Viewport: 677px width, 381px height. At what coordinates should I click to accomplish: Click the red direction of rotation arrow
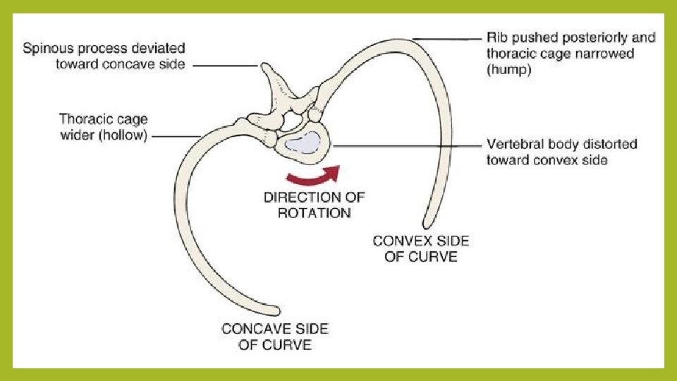point(311,175)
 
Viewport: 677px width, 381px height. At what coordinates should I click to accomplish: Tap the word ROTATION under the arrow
point(314,212)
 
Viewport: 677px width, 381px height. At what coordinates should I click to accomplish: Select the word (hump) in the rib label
point(508,70)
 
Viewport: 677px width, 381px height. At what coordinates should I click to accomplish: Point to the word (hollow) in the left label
point(124,135)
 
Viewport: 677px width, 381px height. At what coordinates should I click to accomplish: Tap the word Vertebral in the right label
point(513,144)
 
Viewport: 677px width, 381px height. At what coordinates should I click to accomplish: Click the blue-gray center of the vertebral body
point(303,144)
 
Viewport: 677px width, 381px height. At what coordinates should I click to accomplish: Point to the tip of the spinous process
point(266,67)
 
